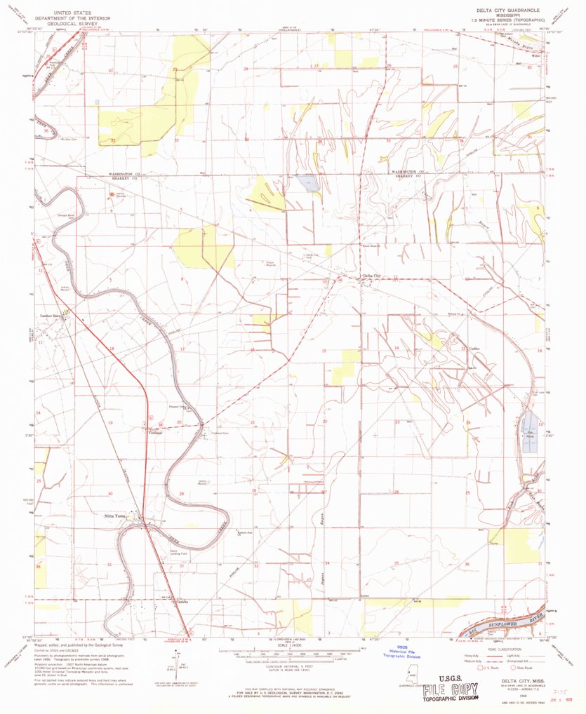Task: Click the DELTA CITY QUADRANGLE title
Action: click(504, 9)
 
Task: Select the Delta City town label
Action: click(371, 276)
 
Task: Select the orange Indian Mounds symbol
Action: click(113, 195)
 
